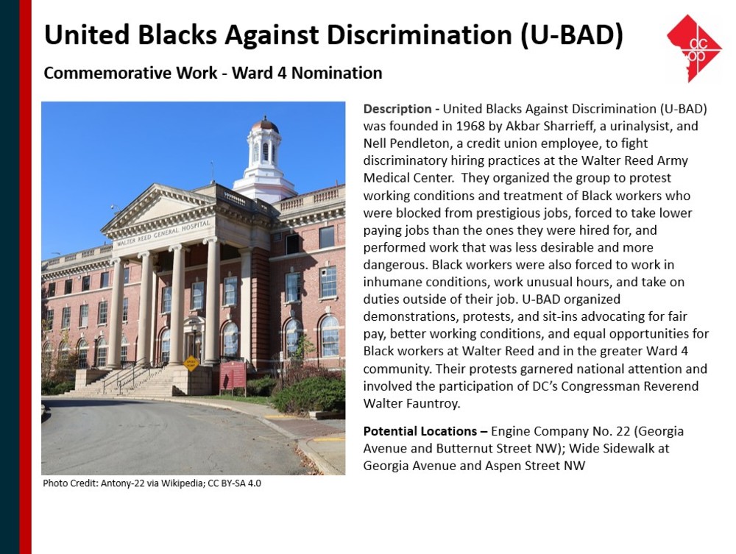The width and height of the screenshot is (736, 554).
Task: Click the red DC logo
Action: (694, 49)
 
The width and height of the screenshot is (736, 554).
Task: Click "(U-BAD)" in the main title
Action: (571, 35)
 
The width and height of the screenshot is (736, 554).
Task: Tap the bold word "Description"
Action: (397, 109)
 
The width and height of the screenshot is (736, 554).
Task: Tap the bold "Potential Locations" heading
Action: (420, 431)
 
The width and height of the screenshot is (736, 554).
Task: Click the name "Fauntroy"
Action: (434, 403)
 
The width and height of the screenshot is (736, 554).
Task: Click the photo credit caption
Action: (152, 483)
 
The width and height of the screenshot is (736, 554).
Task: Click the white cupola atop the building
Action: (264, 160)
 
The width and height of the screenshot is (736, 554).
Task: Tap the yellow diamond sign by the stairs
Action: (191, 363)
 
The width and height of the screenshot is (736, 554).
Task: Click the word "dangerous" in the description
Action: (394, 265)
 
